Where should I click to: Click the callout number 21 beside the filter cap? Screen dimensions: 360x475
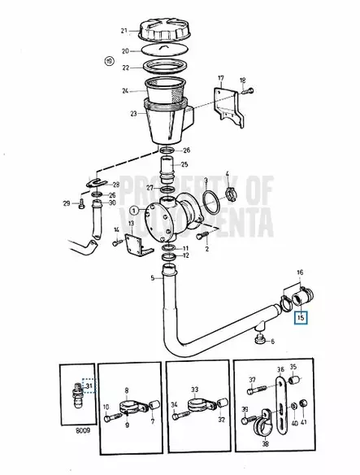click(x=124, y=32)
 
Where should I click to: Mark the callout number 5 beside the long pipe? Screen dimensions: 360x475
click(x=151, y=279)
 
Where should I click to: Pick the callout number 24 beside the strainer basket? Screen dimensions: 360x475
click(x=126, y=90)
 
